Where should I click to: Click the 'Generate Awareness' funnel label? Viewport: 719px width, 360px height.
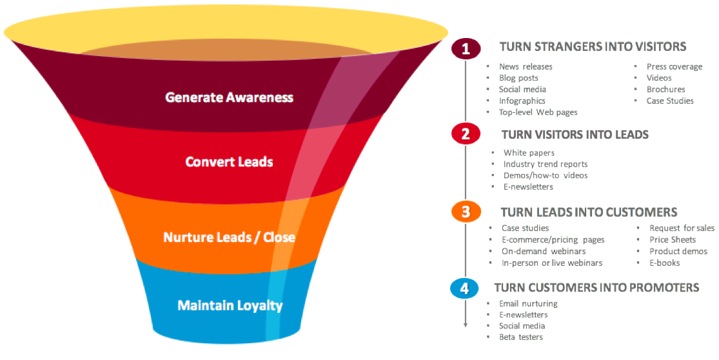[229, 97]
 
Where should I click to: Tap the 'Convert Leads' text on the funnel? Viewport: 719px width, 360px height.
[229, 161]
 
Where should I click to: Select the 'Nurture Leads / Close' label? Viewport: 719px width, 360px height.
[229, 237]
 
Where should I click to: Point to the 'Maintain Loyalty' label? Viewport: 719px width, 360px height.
[230, 305]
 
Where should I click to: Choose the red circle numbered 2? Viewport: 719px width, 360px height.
[466, 134]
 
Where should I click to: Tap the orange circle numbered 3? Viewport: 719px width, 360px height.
[466, 212]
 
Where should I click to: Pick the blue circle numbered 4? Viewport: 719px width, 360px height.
[464, 288]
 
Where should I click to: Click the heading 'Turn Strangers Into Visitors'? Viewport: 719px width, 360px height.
[593, 46]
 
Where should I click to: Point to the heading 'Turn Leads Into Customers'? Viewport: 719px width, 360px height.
[589, 212]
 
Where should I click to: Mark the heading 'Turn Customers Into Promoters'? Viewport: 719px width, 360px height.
[596, 287]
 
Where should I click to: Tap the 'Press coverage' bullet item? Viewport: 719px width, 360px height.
[675, 66]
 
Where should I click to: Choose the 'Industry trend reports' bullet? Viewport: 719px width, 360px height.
[546, 164]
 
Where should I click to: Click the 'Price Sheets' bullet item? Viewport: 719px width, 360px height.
[673, 239]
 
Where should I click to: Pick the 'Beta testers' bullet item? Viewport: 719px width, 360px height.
[521, 337]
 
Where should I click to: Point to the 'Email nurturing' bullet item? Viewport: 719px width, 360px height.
[528, 303]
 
